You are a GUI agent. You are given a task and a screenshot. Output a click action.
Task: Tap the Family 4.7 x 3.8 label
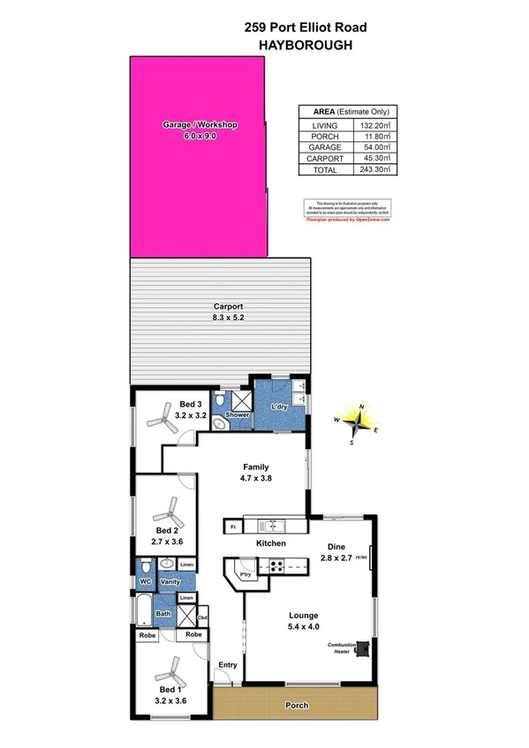pos(256,473)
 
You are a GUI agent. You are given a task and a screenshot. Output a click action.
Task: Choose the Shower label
pos(238,415)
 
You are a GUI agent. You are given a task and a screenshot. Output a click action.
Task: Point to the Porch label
pos(297,706)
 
